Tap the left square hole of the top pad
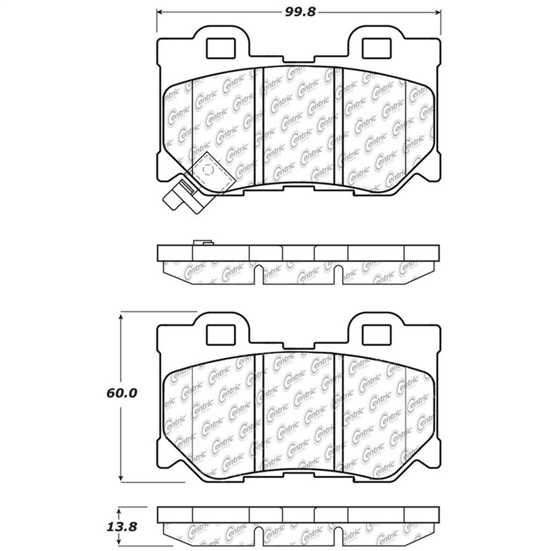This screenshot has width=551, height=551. [x=220, y=48]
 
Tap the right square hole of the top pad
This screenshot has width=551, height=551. [x=376, y=48]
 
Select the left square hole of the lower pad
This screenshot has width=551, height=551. [x=220, y=335]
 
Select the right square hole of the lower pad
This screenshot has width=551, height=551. [x=376, y=335]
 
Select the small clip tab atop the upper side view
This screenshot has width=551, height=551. [x=203, y=242]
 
